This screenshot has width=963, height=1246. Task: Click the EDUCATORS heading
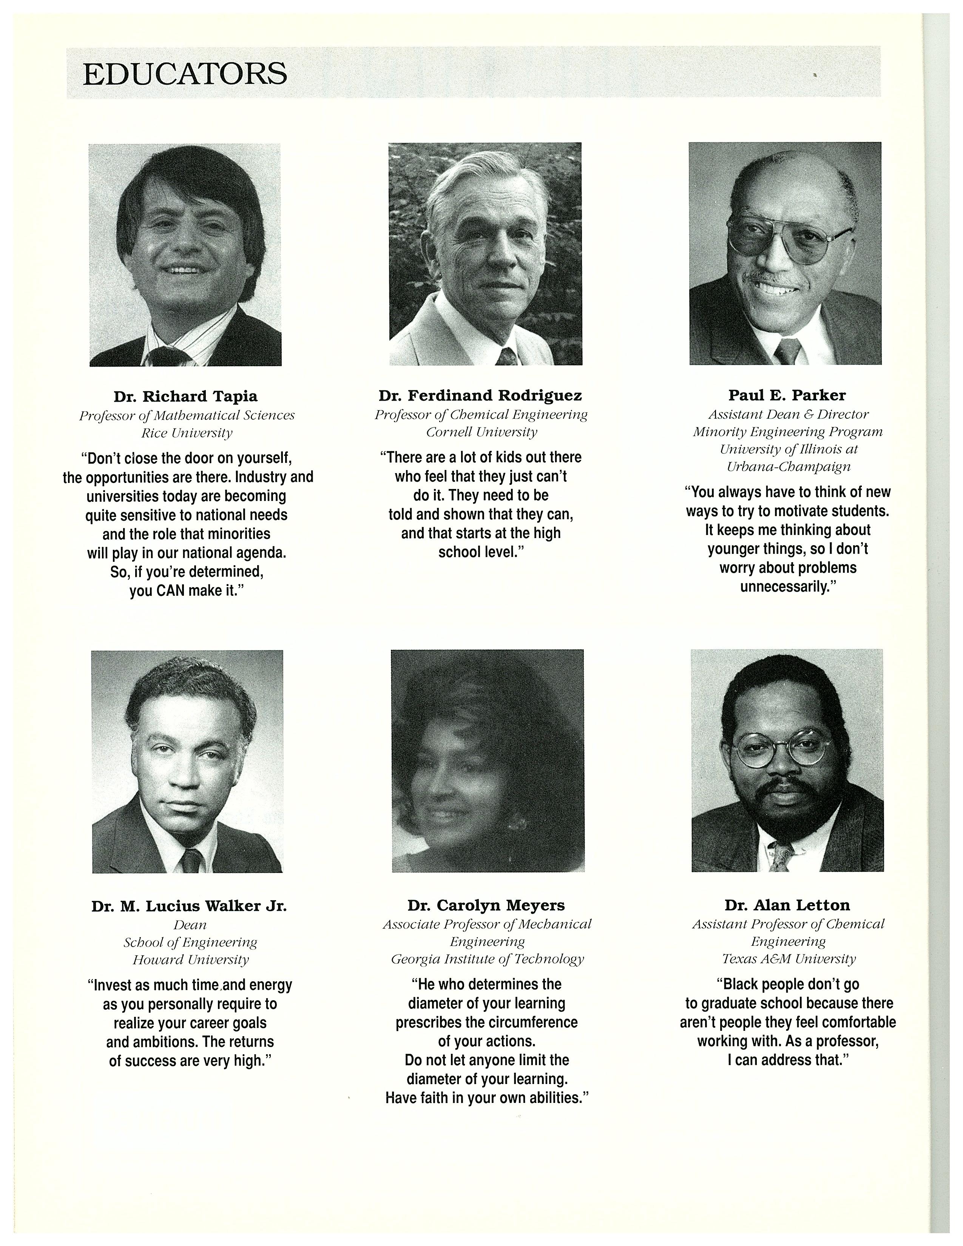pos(185,74)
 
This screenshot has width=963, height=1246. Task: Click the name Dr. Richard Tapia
pos(185,396)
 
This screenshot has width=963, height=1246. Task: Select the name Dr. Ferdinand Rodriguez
pos(480,395)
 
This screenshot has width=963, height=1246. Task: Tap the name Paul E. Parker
pos(787,395)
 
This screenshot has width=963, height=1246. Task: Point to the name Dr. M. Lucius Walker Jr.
pos(189,906)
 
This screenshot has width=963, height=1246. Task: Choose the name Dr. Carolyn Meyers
pos(486,905)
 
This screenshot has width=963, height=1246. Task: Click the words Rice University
pos(187,433)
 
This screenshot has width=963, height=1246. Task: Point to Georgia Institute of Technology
pos(487,959)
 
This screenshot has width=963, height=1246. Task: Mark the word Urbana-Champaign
pos(789,467)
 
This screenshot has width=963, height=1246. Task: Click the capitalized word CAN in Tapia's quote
pos(172,591)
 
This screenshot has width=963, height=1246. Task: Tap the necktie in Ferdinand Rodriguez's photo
pos(506,357)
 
